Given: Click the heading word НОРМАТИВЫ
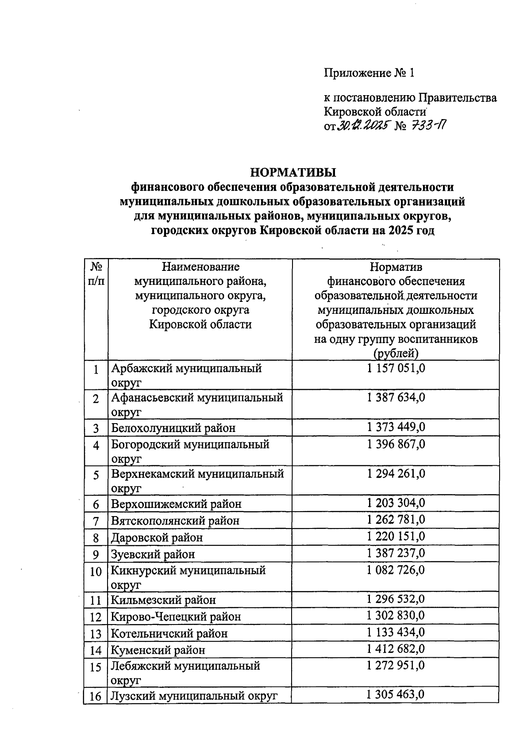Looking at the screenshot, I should pos(293,172).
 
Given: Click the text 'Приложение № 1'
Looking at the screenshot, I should pos(369,73).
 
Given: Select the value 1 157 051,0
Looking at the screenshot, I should pos(396,368).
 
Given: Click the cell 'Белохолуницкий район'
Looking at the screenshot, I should pos(173,428).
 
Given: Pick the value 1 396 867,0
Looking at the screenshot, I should pos(396,444).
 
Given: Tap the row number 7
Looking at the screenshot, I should pos(96,521).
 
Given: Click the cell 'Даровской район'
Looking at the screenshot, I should pos(157,537).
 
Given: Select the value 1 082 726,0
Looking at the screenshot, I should pos(396,570).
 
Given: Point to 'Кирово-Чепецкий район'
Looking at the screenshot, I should pos(176,617).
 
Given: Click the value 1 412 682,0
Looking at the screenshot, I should pos(396,649).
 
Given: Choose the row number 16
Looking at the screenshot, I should pos(96,696).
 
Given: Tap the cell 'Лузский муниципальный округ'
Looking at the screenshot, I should pos(194,696).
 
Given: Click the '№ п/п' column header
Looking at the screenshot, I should pos(96,274).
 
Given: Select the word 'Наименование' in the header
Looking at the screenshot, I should pos(200,266).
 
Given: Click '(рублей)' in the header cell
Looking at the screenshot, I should pos(396,353).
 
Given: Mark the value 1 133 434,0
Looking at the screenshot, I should pos(396,632).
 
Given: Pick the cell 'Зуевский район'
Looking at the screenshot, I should pos(153,554).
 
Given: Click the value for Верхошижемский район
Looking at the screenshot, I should pos(396,503).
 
